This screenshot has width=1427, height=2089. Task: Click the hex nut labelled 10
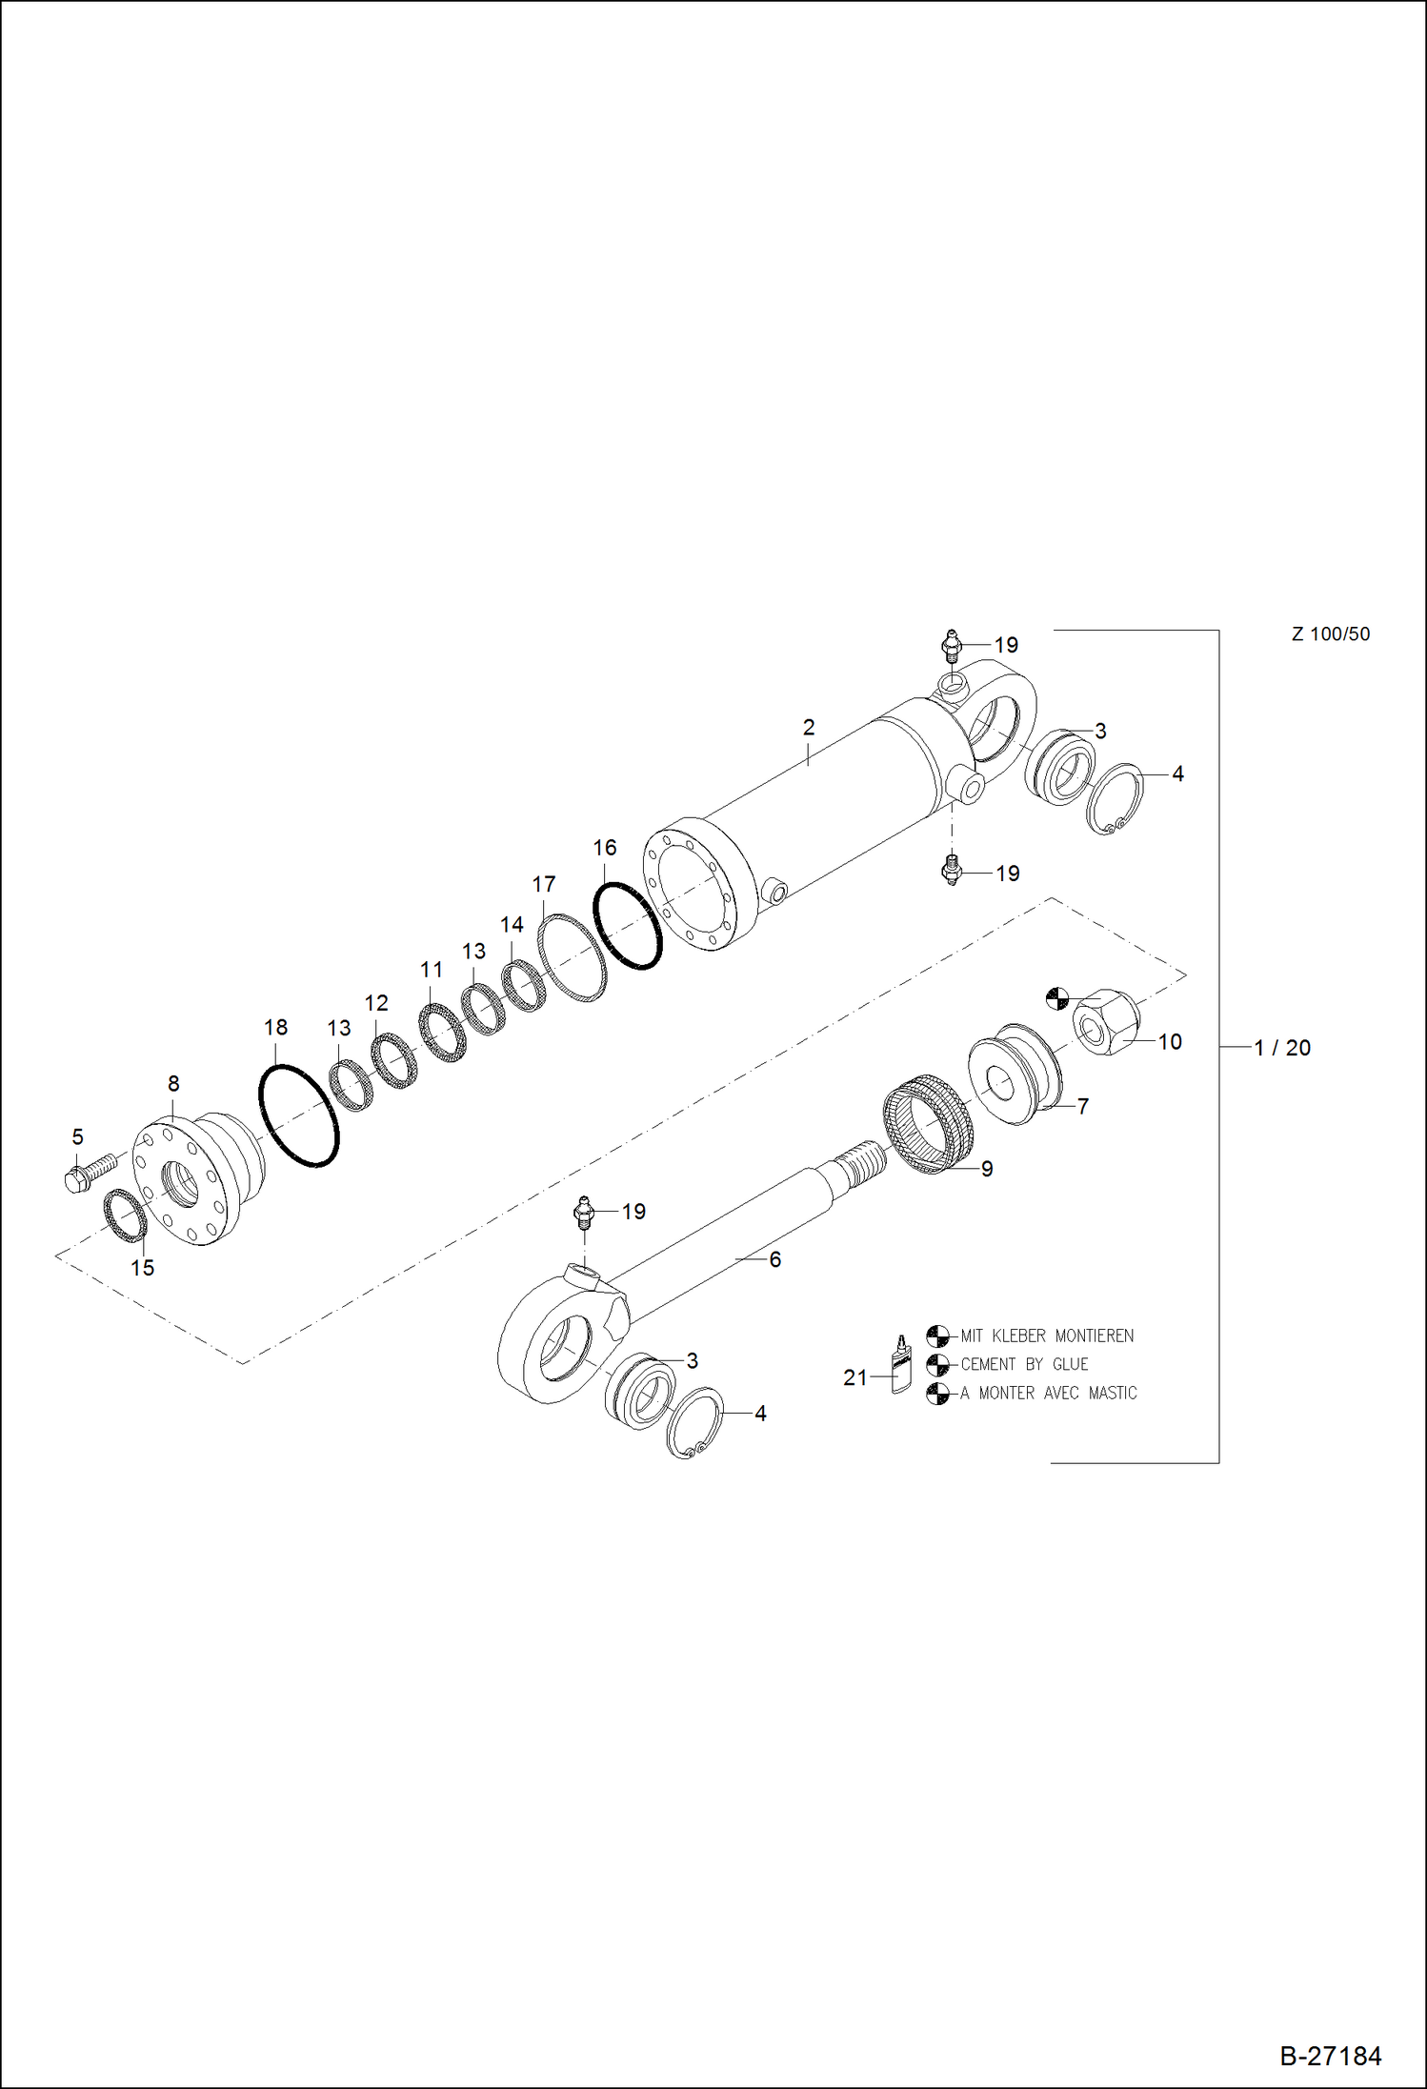coord(1106,1022)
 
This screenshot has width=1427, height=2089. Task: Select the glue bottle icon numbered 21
coord(900,1365)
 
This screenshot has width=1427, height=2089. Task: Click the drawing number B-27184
coord(1330,2056)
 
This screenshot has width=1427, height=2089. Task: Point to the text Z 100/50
coord(1330,634)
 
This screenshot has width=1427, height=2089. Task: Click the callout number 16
coord(605,848)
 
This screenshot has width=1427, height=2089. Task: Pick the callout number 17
coord(543,885)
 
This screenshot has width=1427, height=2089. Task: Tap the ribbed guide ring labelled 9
coord(929,1124)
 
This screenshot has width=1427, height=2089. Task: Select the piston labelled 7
coord(1015,1075)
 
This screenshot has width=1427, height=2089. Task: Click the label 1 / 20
coord(1282,1048)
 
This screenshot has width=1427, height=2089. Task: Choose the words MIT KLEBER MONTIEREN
coord(1046,1336)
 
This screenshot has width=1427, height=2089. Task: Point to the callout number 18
coord(275,1028)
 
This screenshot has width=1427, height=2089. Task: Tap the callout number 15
coord(142,1268)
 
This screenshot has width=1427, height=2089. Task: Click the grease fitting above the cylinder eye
coord(951,647)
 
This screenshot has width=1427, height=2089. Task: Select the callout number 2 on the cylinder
coord(809,728)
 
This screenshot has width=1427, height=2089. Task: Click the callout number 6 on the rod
coord(774,1260)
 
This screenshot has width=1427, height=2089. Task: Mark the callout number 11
coord(432,970)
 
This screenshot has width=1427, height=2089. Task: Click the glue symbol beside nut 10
coord(1056,998)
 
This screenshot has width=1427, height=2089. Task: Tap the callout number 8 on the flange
coord(173,1084)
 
